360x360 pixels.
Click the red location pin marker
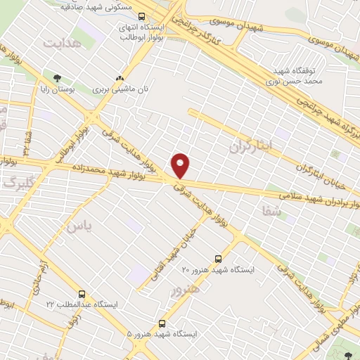(x=181, y=165)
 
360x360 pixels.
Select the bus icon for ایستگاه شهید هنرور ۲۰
(x=217, y=258)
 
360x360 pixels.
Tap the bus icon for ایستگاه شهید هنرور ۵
(x=162, y=323)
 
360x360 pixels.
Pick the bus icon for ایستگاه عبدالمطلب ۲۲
(x=82, y=294)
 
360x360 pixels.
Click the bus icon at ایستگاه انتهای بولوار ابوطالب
(x=143, y=16)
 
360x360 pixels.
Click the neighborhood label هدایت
(x=63, y=44)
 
